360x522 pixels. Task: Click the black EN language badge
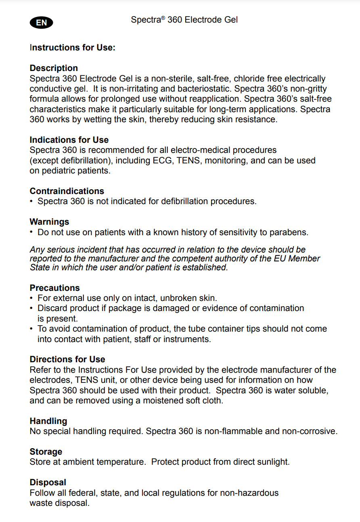41,23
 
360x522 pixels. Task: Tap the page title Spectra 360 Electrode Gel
184,19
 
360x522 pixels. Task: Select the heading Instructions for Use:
72,48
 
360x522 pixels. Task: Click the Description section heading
54,68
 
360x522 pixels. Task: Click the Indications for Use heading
69,140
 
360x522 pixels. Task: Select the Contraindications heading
67,191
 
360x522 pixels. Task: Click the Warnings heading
49,221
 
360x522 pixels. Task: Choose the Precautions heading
54,288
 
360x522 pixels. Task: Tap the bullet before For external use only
31,298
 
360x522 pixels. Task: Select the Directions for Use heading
67,359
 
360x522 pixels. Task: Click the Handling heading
48,421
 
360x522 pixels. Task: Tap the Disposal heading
48,482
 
